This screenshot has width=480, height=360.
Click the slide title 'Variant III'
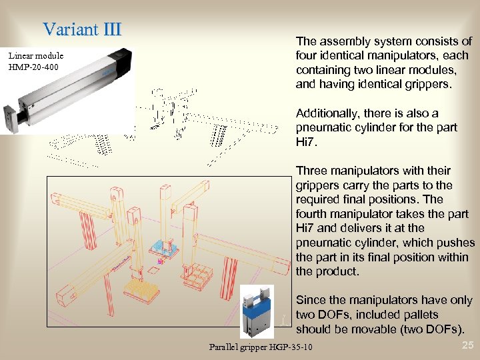coord(82,29)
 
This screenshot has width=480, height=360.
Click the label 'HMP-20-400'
coord(34,67)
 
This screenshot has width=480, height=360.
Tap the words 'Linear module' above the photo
coord(37,56)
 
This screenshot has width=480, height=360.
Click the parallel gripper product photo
coord(257,312)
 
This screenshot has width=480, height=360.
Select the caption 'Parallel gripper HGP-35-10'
coord(260,347)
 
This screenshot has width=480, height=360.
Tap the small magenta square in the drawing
coord(160,262)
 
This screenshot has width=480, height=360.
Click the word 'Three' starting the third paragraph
coord(311,171)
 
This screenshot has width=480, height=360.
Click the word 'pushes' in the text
coord(457,243)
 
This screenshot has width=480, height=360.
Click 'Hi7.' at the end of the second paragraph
coord(307,142)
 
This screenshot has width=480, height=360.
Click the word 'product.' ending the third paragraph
coord(337,271)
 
